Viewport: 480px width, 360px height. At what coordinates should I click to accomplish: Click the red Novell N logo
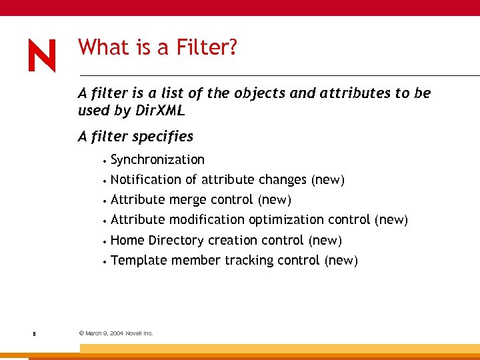coord(42,55)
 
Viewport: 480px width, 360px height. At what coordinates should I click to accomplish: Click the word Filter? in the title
coord(206,47)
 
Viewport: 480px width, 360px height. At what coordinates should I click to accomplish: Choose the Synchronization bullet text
coord(157,159)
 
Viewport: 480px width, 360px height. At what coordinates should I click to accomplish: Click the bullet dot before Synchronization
coord(105,161)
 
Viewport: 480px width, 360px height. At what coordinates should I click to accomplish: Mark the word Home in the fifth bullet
coord(128,240)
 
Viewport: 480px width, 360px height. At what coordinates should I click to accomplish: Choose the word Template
coord(139,260)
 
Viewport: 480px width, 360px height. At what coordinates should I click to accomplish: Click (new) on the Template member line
coord(341,260)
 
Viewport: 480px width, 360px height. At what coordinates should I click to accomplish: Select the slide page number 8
coord(33,333)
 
